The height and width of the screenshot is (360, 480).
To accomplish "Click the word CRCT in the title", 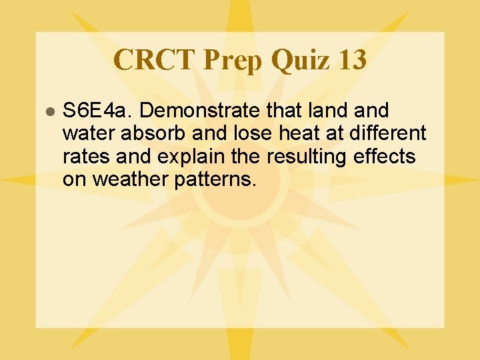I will tap(155, 60).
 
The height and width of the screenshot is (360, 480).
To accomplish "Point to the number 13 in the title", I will tap(352, 60).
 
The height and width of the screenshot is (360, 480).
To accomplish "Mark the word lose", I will tap(244, 134).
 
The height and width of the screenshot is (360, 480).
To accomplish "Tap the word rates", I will tap(86, 157).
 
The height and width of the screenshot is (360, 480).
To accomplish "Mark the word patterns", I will tap(215, 180).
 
